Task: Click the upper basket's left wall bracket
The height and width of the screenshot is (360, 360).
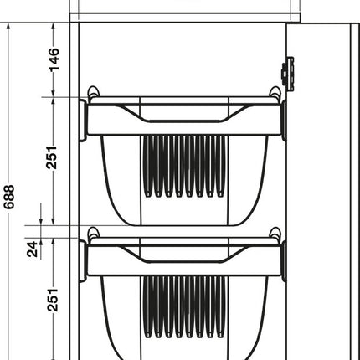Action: pos(83,117)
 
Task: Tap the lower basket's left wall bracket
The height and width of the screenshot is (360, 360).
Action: pos(83,259)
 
